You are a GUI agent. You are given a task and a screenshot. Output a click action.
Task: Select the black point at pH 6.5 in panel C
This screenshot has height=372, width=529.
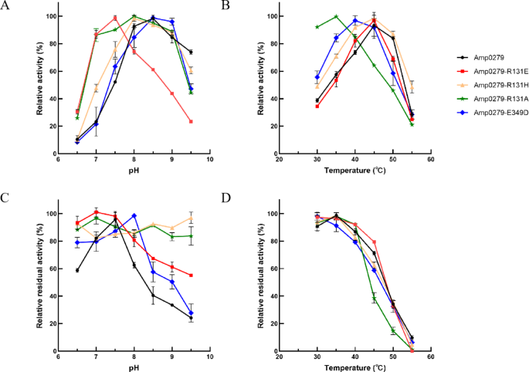point(76,270)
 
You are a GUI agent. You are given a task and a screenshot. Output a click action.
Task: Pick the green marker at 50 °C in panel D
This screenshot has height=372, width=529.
point(392,331)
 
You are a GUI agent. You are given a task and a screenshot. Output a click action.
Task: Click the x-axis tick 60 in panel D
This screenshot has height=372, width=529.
point(430,358)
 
